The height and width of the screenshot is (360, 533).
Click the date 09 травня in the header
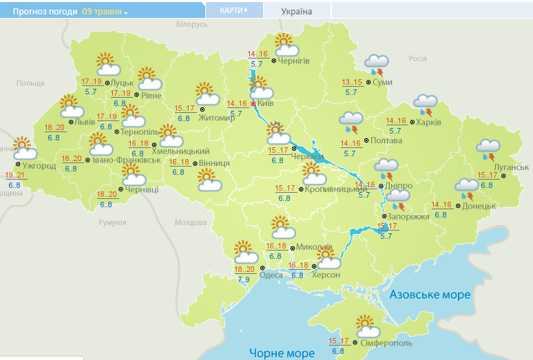coord(102,12)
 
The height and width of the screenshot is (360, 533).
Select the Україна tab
coord(297,12)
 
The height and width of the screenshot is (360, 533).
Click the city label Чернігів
coord(294,61)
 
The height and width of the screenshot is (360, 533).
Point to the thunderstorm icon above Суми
coord(376,65)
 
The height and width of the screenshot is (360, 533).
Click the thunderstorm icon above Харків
coord(425,105)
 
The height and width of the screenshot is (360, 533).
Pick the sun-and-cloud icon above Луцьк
coord(108,65)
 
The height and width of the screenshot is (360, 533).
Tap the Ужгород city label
coord(40,166)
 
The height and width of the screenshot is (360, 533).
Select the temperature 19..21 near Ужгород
coord(15,175)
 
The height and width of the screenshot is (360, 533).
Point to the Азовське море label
coord(430,295)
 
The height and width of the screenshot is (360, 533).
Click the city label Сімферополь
coord(386,342)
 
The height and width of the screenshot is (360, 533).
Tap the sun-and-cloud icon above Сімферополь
coord(366,325)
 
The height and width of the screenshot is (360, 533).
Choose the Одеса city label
coord(271,275)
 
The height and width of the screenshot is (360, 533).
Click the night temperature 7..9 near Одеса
coord(244,279)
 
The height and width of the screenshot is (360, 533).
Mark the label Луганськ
coord(511,167)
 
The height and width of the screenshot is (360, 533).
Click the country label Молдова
coord(190,222)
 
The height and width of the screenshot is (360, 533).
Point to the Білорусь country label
coord(191,24)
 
